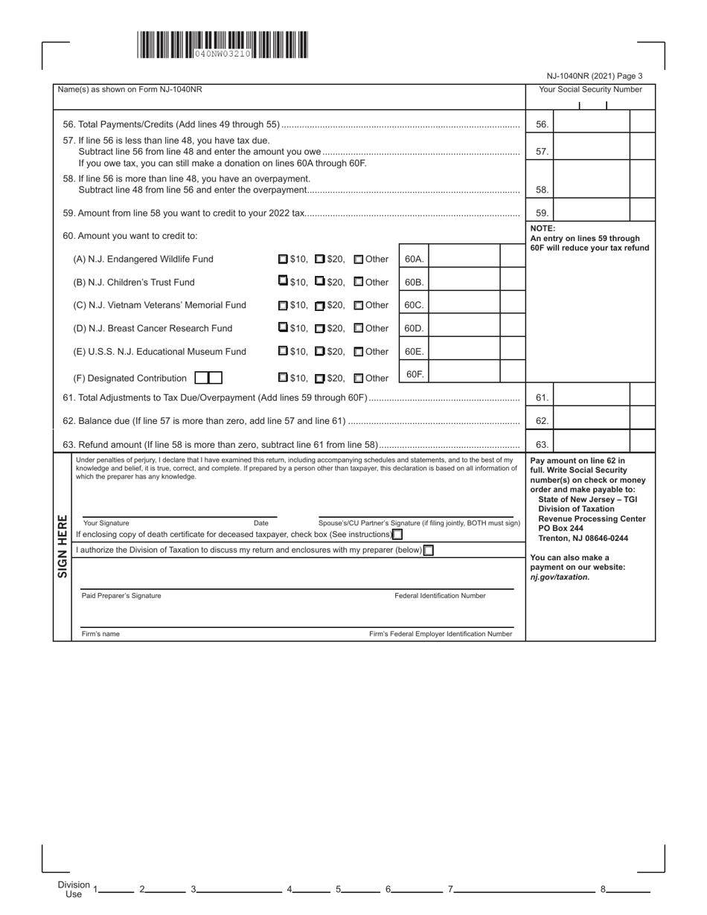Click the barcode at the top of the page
[222, 45]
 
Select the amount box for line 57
[592, 151]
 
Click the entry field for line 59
[592, 213]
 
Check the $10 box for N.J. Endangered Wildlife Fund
[283, 260]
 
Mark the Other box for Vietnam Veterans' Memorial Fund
[359, 306]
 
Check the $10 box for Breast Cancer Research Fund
[283, 328]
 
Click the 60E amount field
[463, 351]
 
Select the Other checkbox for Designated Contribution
[359, 378]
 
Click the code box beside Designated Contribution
[208, 378]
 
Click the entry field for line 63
[592, 445]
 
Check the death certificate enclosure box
[397, 534]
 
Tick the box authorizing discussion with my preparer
[428, 550]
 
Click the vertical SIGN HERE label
[63, 545]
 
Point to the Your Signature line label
[106, 524]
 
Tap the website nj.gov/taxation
[560, 577]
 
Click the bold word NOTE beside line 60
[543, 228]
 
